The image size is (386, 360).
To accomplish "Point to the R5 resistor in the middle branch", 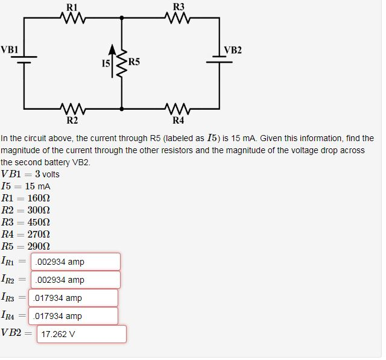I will pos(123,62).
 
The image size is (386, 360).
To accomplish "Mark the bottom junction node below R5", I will pos(123,109).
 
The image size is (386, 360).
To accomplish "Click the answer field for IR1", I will pos(75,262).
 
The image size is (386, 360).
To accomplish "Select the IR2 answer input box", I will pos(75,280).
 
